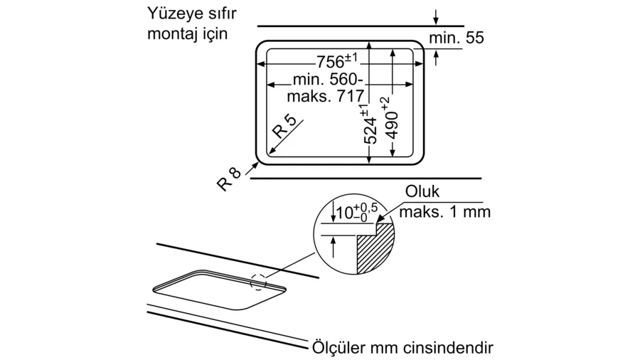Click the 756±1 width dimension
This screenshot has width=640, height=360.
tap(337, 61)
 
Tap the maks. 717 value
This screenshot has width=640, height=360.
tap(325, 96)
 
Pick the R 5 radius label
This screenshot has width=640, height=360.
tap(284, 126)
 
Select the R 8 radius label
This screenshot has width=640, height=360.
tap(229, 179)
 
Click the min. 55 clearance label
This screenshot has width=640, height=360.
tap(457, 38)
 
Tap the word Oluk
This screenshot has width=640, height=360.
tap(422, 191)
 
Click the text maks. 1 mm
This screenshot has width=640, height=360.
tap(444, 212)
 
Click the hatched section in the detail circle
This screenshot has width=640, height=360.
tap(375, 251)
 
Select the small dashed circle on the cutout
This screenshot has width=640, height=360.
tap(258, 282)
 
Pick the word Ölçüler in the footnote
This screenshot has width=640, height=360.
tap(338, 348)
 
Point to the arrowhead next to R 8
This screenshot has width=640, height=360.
tap(255, 165)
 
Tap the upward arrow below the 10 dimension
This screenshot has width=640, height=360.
tap(334, 247)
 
